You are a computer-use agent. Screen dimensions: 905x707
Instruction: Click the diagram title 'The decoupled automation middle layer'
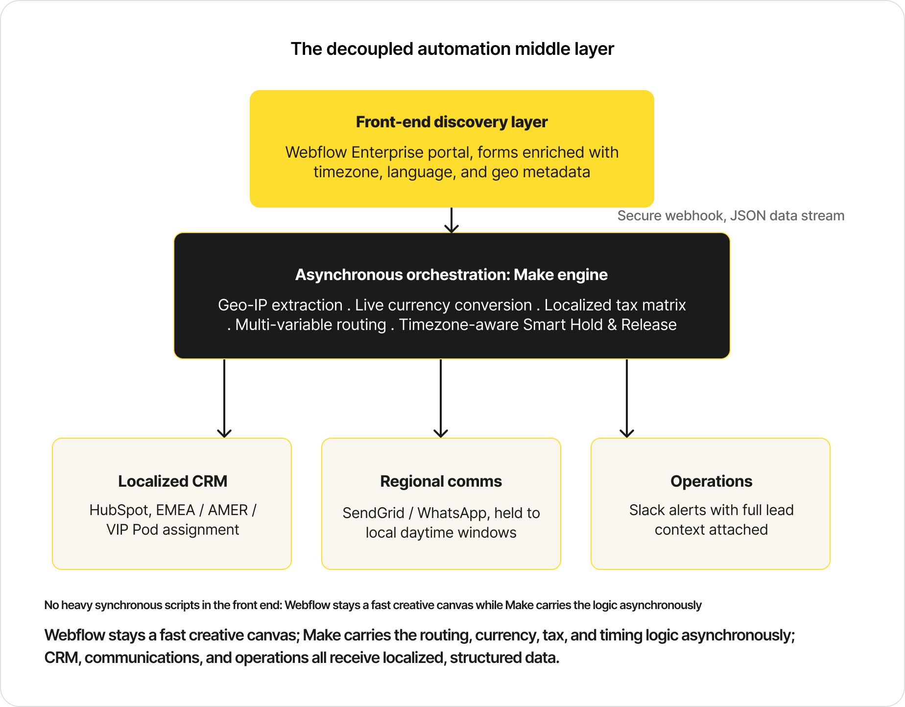pos(452,49)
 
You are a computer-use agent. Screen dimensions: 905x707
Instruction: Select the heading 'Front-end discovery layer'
pos(452,122)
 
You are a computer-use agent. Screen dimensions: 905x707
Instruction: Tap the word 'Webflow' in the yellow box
pos(316,152)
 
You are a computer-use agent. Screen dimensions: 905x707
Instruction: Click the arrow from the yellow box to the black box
pos(452,220)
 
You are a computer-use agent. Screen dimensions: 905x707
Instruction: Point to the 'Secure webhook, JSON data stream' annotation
pos(731,216)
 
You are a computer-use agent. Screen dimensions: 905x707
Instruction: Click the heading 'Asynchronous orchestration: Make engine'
pos(452,275)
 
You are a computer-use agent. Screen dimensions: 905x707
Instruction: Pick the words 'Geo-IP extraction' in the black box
pos(280,305)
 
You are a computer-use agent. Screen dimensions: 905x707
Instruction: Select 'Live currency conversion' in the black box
pos(443,305)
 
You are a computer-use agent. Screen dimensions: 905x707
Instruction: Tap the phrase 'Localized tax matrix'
pos(615,305)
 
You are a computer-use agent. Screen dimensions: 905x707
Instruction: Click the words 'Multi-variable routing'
pos(310,325)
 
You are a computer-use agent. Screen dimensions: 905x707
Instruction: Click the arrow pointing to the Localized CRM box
pos(224,399)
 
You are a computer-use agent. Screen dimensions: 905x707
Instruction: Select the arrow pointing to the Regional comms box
pos(441,399)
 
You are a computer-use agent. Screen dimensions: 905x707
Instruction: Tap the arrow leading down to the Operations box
pos(627,399)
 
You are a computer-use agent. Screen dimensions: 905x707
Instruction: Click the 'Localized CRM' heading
pos(172,481)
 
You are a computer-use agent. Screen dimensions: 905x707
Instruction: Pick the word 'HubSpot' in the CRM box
pos(120,510)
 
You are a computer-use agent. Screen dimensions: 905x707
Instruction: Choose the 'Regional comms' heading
pos(441,481)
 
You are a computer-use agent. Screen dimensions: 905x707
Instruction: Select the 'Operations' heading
pos(711,481)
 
